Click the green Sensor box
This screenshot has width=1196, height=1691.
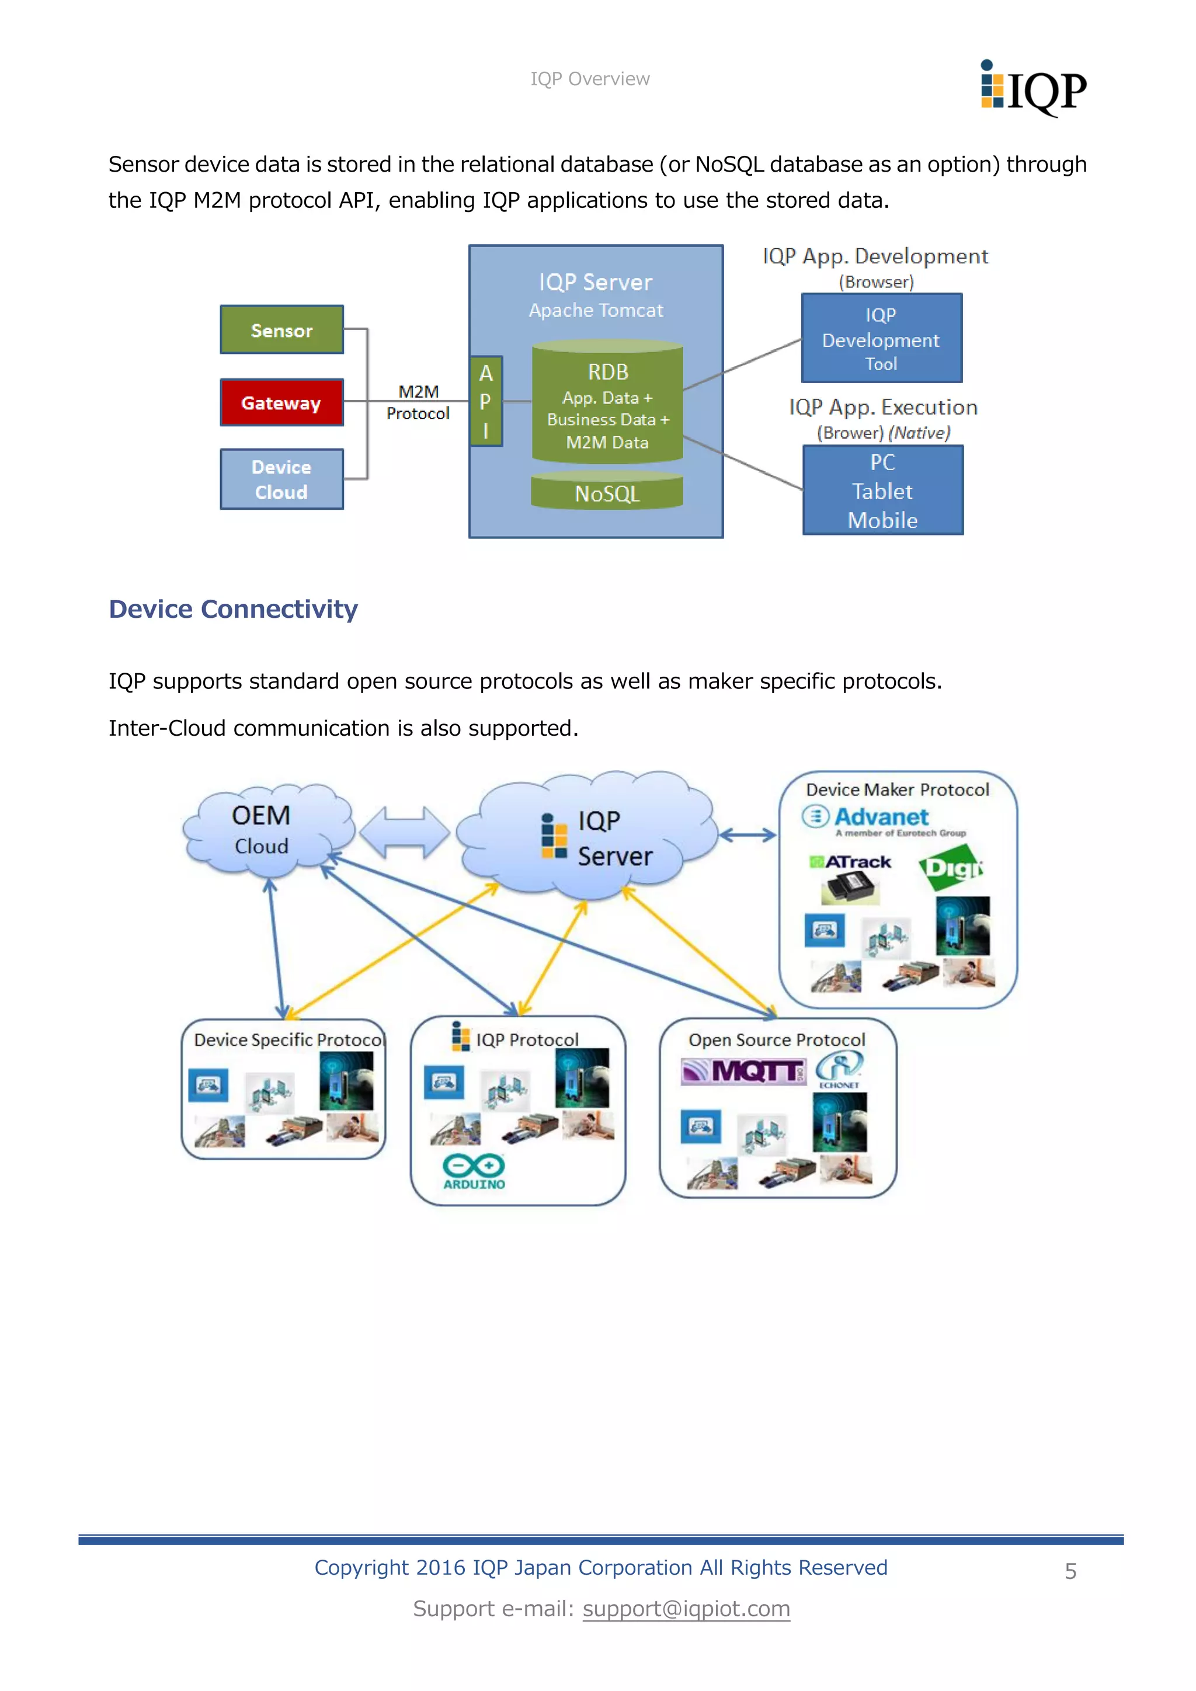click(281, 330)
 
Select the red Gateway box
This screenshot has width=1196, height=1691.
click(281, 402)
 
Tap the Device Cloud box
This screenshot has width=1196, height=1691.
click(281, 479)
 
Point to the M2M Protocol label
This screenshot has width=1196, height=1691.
click(418, 402)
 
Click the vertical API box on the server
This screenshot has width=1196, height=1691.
click(486, 401)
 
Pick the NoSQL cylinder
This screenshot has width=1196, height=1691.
click(607, 492)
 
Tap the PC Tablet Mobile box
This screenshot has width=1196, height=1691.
click(882, 490)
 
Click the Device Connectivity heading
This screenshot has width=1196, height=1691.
click(233, 609)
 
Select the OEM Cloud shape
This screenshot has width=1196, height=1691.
click(263, 831)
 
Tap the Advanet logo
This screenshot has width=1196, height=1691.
click(869, 817)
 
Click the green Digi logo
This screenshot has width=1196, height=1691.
click(951, 869)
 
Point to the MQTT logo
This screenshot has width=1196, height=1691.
click(744, 1071)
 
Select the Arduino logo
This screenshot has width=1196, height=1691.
click(474, 1171)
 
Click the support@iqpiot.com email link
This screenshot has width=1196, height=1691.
click(686, 1609)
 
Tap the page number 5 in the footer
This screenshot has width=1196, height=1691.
click(1070, 1570)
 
